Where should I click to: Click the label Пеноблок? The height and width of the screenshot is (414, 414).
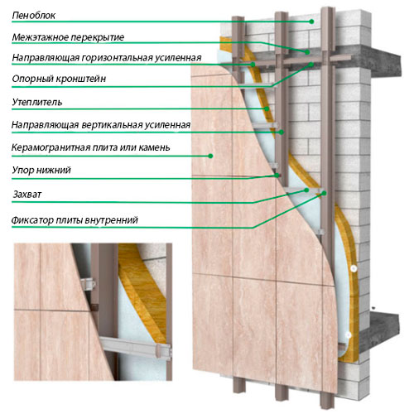click(34, 16)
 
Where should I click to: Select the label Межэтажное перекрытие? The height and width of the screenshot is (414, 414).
click(68, 37)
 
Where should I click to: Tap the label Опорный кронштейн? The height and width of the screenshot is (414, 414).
click(59, 79)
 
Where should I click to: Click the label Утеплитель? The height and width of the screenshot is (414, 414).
click(37, 103)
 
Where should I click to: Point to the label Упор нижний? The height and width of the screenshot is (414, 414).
click(41, 170)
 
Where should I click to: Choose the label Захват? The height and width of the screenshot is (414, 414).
click(27, 195)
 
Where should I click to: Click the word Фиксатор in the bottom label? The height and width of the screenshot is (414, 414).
click(32, 220)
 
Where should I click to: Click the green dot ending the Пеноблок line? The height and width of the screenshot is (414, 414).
click(311, 22)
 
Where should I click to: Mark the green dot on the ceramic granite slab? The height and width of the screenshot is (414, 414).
click(210, 156)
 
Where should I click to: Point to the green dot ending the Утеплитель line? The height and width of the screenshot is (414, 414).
click(267, 108)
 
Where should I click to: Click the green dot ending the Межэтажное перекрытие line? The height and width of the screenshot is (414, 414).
click(307, 52)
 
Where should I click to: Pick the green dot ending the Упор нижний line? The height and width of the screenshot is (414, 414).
click(277, 176)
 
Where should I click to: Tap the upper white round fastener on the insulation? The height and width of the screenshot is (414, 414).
click(354, 268)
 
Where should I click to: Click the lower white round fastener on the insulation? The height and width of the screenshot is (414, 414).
click(349, 335)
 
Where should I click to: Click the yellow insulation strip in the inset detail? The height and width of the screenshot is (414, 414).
click(142, 292)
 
